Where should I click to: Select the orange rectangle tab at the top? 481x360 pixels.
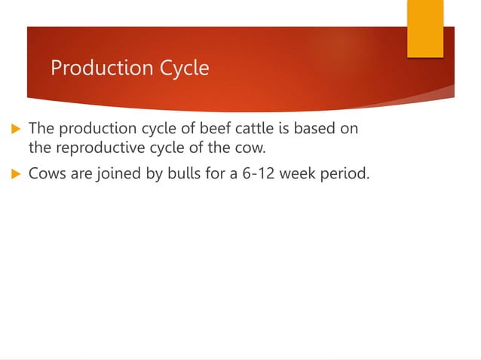click(424, 29)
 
